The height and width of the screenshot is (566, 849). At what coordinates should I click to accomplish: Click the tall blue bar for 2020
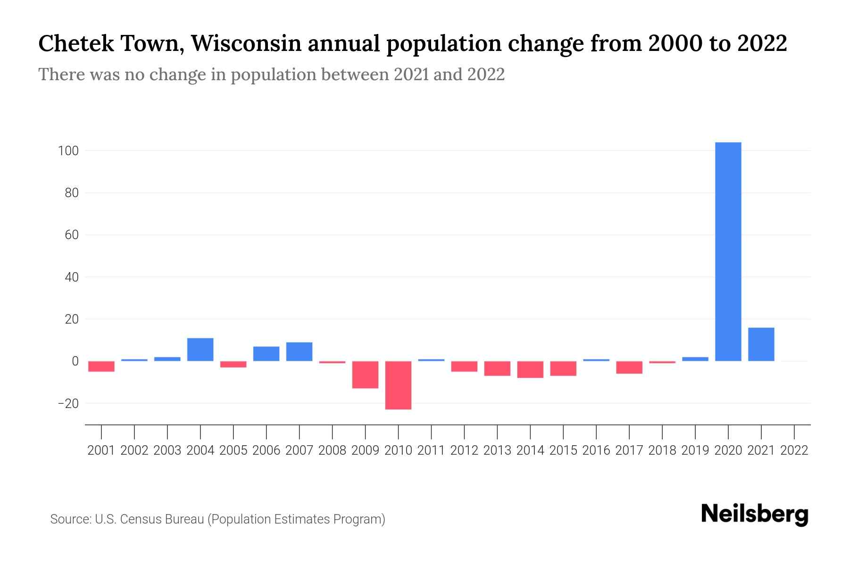pyautogui.click(x=728, y=251)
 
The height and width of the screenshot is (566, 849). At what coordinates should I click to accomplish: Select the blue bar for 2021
pyautogui.click(x=761, y=344)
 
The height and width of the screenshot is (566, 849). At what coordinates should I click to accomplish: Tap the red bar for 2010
pyautogui.click(x=399, y=385)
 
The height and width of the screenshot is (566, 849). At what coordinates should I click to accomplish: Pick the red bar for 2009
pyautogui.click(x=366, y=375)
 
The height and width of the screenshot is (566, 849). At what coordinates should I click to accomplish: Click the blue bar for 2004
pyautogui.click(x=200, y=350)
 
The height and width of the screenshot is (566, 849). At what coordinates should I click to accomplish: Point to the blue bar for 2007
pyautogui.click(x=300, y=352)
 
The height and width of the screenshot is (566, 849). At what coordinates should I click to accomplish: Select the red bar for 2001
pyautogui.click(x=101, y=366)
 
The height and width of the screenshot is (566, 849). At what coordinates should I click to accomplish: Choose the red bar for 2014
pyautogui.click(x=530, y=370)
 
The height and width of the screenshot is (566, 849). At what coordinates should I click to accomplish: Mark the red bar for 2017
pyautogui.click(x=629, y=367)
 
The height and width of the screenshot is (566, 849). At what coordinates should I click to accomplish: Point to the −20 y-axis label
pyautogui.click(x=68, y=404)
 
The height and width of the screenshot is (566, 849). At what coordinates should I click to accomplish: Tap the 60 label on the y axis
pyautogui.click(x=71, y=235)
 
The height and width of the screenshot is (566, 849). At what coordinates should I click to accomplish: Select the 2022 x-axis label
pyautogui.click(x=794, y=450)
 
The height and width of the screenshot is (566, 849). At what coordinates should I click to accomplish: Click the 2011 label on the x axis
pyautogui.click(x=431, y=450)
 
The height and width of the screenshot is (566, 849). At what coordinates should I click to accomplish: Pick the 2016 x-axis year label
pyautogui.click(x=596, y=450)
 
